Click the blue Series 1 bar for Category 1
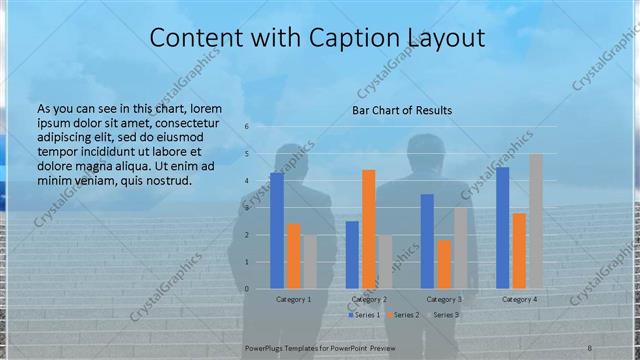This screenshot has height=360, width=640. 277,231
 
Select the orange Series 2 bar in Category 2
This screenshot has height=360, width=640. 368,229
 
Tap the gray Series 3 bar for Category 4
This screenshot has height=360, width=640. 535,221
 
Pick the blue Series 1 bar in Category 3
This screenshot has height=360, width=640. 427,241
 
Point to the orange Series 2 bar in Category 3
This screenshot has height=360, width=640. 444,264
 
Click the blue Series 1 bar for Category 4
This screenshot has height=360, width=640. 503,228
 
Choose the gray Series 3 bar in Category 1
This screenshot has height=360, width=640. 309,262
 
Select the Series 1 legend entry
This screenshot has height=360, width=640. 362,315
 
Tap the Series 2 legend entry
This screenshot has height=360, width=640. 402,315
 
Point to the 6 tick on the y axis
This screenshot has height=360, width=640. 246,127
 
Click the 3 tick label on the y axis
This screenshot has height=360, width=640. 246,208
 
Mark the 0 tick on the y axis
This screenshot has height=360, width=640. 246,289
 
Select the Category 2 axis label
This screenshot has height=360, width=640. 368,299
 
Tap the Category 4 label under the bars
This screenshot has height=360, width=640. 519,299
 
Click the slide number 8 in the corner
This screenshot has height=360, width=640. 589,346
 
